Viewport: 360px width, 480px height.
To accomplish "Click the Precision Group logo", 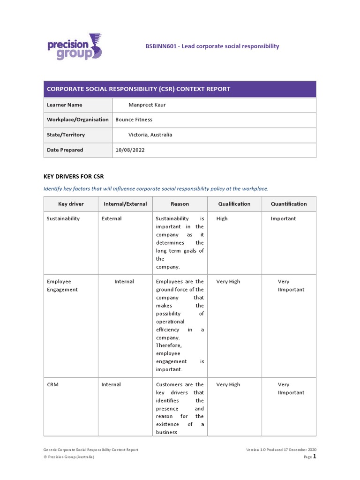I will click(75, 47).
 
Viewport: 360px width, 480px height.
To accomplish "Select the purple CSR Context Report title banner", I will click(180, 89).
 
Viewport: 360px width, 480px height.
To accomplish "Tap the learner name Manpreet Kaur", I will click(147, 105).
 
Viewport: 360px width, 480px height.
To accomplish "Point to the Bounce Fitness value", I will click(134, 120).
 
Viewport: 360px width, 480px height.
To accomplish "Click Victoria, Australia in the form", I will click(150, 135).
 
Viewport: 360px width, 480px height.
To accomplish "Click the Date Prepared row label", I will click(65, 150).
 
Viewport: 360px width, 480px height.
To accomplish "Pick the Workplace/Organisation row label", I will click(78, 120).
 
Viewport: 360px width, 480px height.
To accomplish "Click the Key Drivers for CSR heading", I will click(74, 176).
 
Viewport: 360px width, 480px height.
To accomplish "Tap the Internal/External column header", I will click(125, 204).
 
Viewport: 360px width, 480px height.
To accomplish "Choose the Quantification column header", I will click(289, 204).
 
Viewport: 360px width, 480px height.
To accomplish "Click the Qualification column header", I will click(234, 204).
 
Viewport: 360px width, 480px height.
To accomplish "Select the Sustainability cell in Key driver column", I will click(63, 218).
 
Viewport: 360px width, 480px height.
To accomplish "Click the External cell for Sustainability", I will click(112, 218).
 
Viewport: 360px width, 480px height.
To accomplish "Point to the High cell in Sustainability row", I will click(222, 218).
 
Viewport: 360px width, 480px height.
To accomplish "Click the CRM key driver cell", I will click(53, 384).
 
